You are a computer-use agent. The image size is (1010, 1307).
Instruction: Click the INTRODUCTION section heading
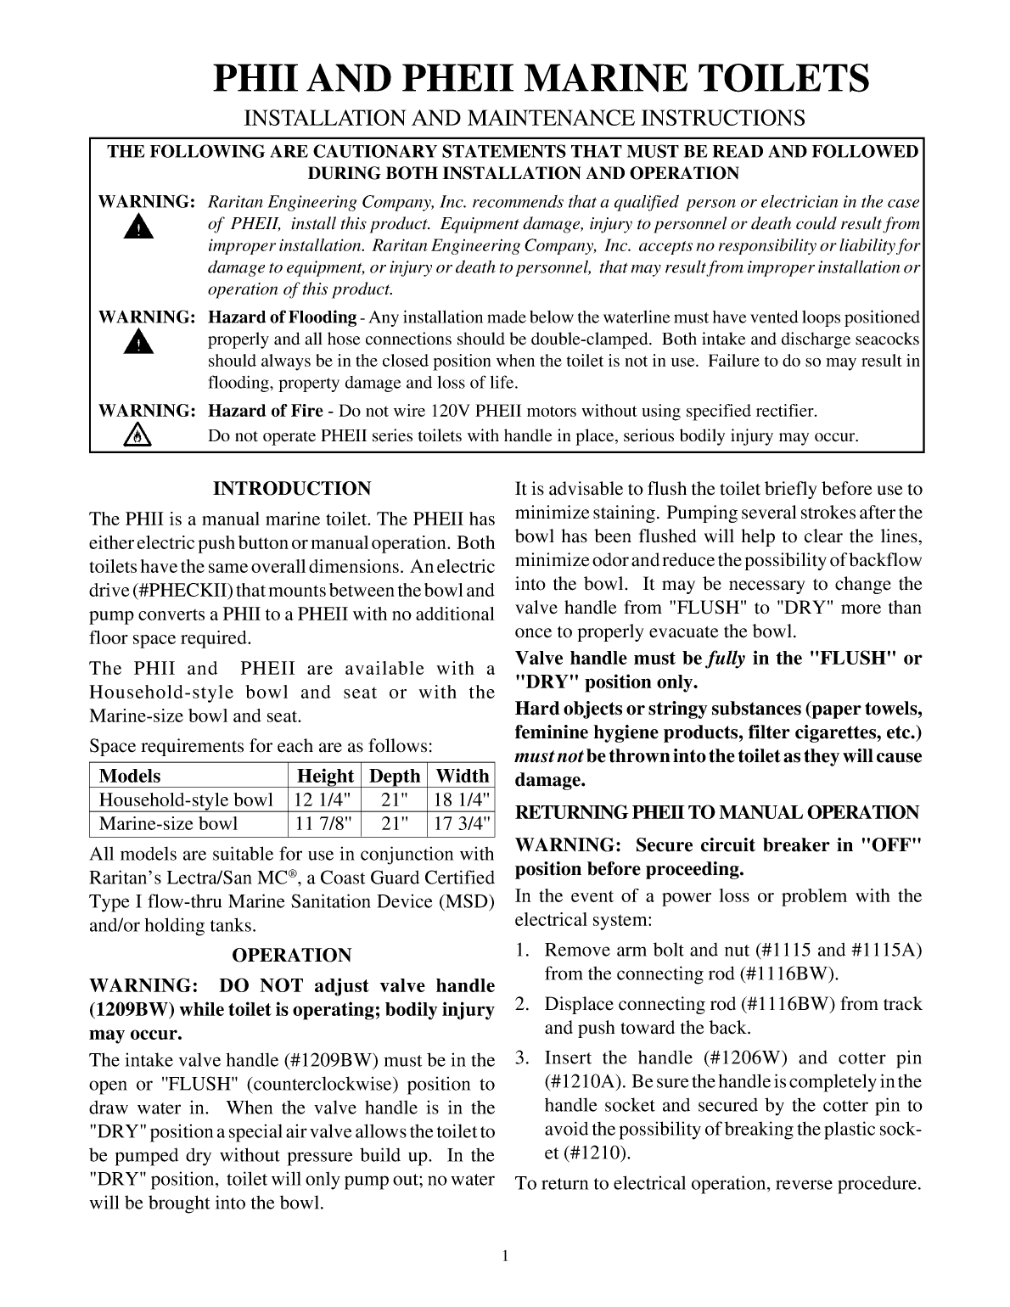[292, 489]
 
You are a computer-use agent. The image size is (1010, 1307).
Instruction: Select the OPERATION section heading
[291, 956]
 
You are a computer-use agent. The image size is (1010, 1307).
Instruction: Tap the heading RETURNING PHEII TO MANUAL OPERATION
[717, 813]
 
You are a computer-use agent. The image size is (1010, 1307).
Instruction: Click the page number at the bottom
[505, 1257]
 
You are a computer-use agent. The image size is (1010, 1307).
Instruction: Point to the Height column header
[324, 776]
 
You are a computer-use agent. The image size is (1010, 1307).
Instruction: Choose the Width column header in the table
[462, 776]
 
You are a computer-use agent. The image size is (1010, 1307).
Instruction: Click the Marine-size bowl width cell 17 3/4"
[462, 823]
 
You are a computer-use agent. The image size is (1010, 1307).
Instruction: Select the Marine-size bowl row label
[169, 823]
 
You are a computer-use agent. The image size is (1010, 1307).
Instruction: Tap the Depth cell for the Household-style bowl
[396, 799]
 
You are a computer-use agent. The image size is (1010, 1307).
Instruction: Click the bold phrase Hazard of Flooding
[282, 317]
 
